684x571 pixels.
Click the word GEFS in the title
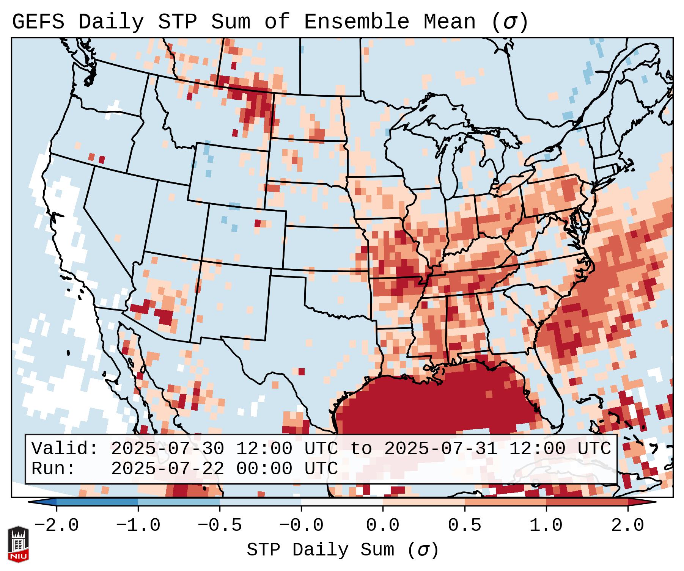38,22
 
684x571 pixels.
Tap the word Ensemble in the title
356,22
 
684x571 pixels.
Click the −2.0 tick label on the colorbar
57,526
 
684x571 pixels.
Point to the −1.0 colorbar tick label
138,526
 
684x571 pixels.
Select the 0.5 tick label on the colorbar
465,526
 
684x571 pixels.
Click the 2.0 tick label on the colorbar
628,526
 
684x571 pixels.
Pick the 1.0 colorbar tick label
546,526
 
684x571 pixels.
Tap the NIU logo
18,544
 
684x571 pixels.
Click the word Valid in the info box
64,449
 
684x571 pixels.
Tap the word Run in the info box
53,469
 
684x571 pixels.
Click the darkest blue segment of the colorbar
97,502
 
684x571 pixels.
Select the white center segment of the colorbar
342,502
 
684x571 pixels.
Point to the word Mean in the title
449,22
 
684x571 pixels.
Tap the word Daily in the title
111,22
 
